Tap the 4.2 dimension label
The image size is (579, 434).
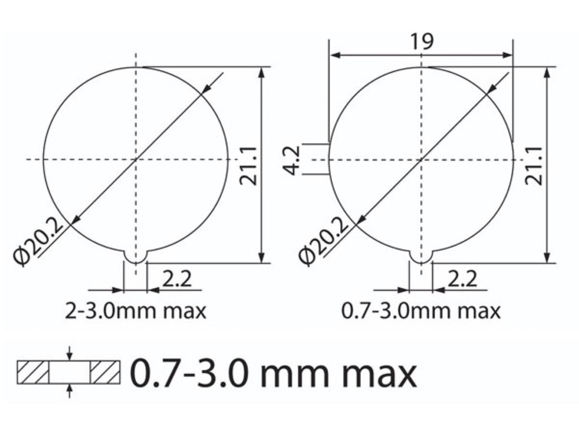coord(293,160)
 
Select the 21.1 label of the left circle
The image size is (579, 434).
coord(248,165)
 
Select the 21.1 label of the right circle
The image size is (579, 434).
coord(534,165)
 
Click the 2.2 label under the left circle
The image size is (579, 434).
coord(177,279)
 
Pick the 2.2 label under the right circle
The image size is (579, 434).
coord(462,279)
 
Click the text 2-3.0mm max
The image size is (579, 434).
coord(135,311)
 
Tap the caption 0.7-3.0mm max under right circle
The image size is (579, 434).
coord(421,311)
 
